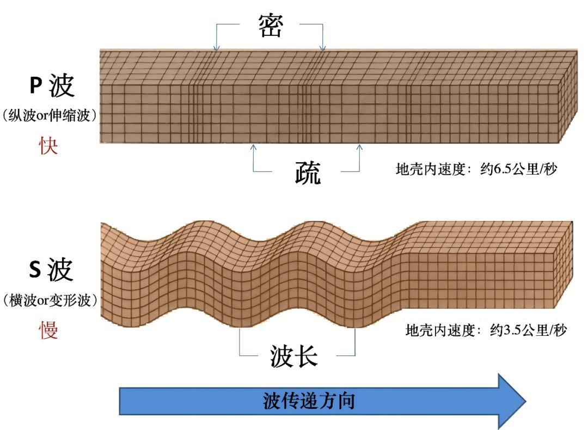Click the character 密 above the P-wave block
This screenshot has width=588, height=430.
click(271, 26)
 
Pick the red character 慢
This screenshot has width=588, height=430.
click(49, 329)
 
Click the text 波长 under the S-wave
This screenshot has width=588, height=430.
click(293, 357)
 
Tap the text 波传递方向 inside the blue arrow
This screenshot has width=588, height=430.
click(309, 401)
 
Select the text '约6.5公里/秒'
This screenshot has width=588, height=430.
click(519, 169)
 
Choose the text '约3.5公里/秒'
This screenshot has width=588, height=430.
click(529, 330)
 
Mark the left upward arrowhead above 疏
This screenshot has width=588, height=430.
click(253, 146)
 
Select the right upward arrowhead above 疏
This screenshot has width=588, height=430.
click(359, 146)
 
